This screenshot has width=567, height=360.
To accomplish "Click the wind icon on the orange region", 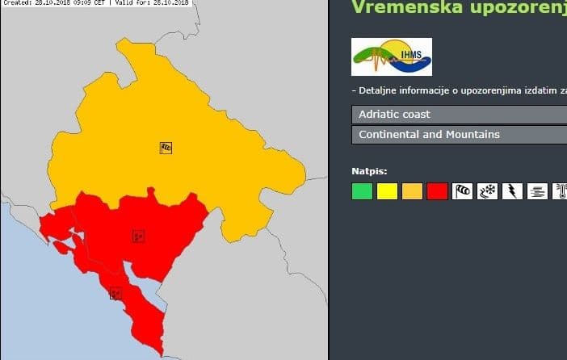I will pos(166,148).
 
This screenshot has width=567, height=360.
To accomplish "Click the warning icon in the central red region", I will pos(139,237).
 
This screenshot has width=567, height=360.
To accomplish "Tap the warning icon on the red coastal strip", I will pos(115,293).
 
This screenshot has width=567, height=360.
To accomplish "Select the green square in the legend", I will pos(362,191).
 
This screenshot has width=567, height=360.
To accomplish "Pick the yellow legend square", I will pos(387,191).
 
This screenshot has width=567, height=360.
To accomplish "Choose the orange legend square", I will pos(412,191).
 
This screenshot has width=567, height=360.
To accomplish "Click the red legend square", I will pos(437,191).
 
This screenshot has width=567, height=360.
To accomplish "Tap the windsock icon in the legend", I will pos(462,191).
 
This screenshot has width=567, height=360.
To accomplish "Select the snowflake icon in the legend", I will pos(487,191).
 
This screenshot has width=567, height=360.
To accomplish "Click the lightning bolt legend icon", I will pos(512,191).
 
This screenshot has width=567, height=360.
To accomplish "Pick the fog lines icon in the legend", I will pos(537,191).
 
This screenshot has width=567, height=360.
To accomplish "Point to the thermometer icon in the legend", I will pos(560,191).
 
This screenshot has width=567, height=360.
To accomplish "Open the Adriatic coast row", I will pos(459,115).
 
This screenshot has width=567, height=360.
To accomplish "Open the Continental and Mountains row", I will pos(459,134).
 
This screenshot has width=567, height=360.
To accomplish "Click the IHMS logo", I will pos(392,57).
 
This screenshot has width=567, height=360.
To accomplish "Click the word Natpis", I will pos(369,171).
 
